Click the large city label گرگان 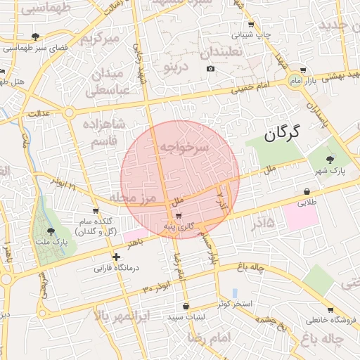[282, 133]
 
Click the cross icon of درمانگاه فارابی [116, 257]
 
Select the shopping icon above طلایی [307, 191]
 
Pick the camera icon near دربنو [210, 68]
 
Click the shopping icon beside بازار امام [302, 71]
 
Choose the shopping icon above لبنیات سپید [186, 307]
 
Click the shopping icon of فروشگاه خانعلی [330, 309]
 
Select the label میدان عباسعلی [107, 82]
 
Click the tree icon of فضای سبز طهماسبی [35, 37]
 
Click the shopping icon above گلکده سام [96, 211]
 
